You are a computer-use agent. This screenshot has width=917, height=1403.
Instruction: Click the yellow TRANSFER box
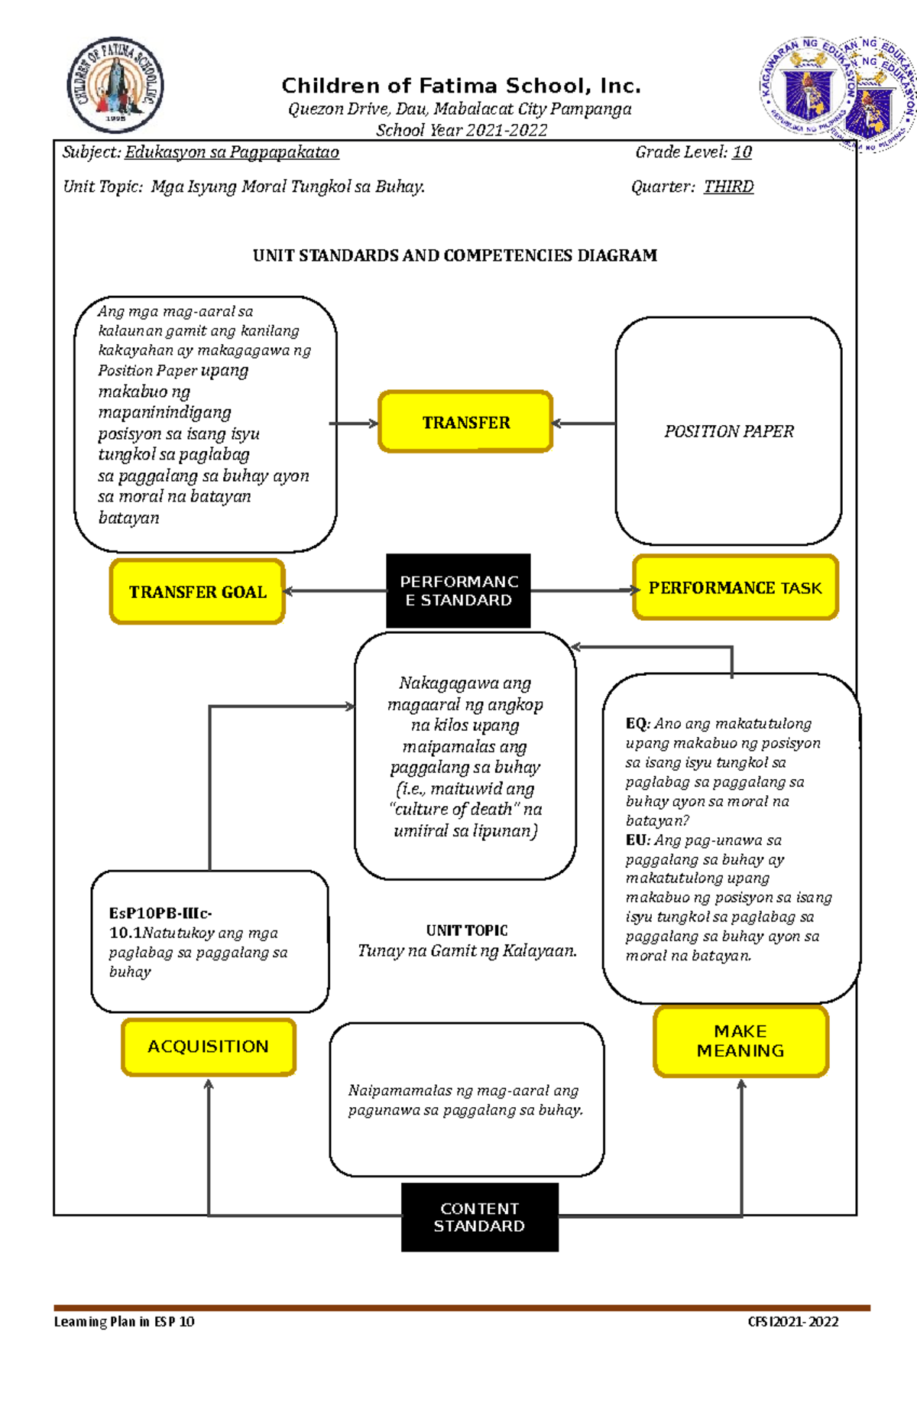click(465, 422)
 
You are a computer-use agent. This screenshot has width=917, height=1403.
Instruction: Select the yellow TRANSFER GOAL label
click(197, 592)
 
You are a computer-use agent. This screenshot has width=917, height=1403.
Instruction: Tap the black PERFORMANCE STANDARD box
click(458, 591)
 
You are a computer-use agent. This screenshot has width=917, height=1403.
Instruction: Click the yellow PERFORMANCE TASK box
click(735, 587)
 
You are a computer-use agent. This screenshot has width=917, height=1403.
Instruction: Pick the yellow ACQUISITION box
click(208, 1046)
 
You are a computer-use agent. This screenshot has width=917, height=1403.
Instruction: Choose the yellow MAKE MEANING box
click(740, 1041)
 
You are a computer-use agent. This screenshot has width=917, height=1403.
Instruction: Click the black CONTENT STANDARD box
click(479, 1216)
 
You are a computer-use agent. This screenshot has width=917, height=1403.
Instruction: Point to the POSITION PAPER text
click(728, 431)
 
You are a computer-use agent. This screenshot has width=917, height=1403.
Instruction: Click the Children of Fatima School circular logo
click(115, 85)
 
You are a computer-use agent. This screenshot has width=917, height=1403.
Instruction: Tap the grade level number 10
click(742, 152)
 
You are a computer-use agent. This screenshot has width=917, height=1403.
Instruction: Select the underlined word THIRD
click(728, 187)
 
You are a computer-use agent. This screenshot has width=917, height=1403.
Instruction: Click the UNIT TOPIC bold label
click(466, 930)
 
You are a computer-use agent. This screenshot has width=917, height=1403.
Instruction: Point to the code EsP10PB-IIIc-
click(160, 913)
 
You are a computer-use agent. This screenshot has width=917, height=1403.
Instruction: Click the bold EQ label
click(636, 723)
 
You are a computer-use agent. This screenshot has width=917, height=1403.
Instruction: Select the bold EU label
click(637, 840)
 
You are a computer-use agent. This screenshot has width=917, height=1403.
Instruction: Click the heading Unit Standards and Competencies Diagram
click(455, 255)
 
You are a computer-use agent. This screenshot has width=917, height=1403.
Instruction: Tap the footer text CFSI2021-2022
click(792, 1321)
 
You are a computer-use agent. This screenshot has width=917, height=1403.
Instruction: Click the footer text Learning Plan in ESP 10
click(124, 1321)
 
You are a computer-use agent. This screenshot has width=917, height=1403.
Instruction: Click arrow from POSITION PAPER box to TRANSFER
click(583, 423)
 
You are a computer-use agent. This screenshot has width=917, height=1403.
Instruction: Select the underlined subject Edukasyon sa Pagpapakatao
click(232, 152)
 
